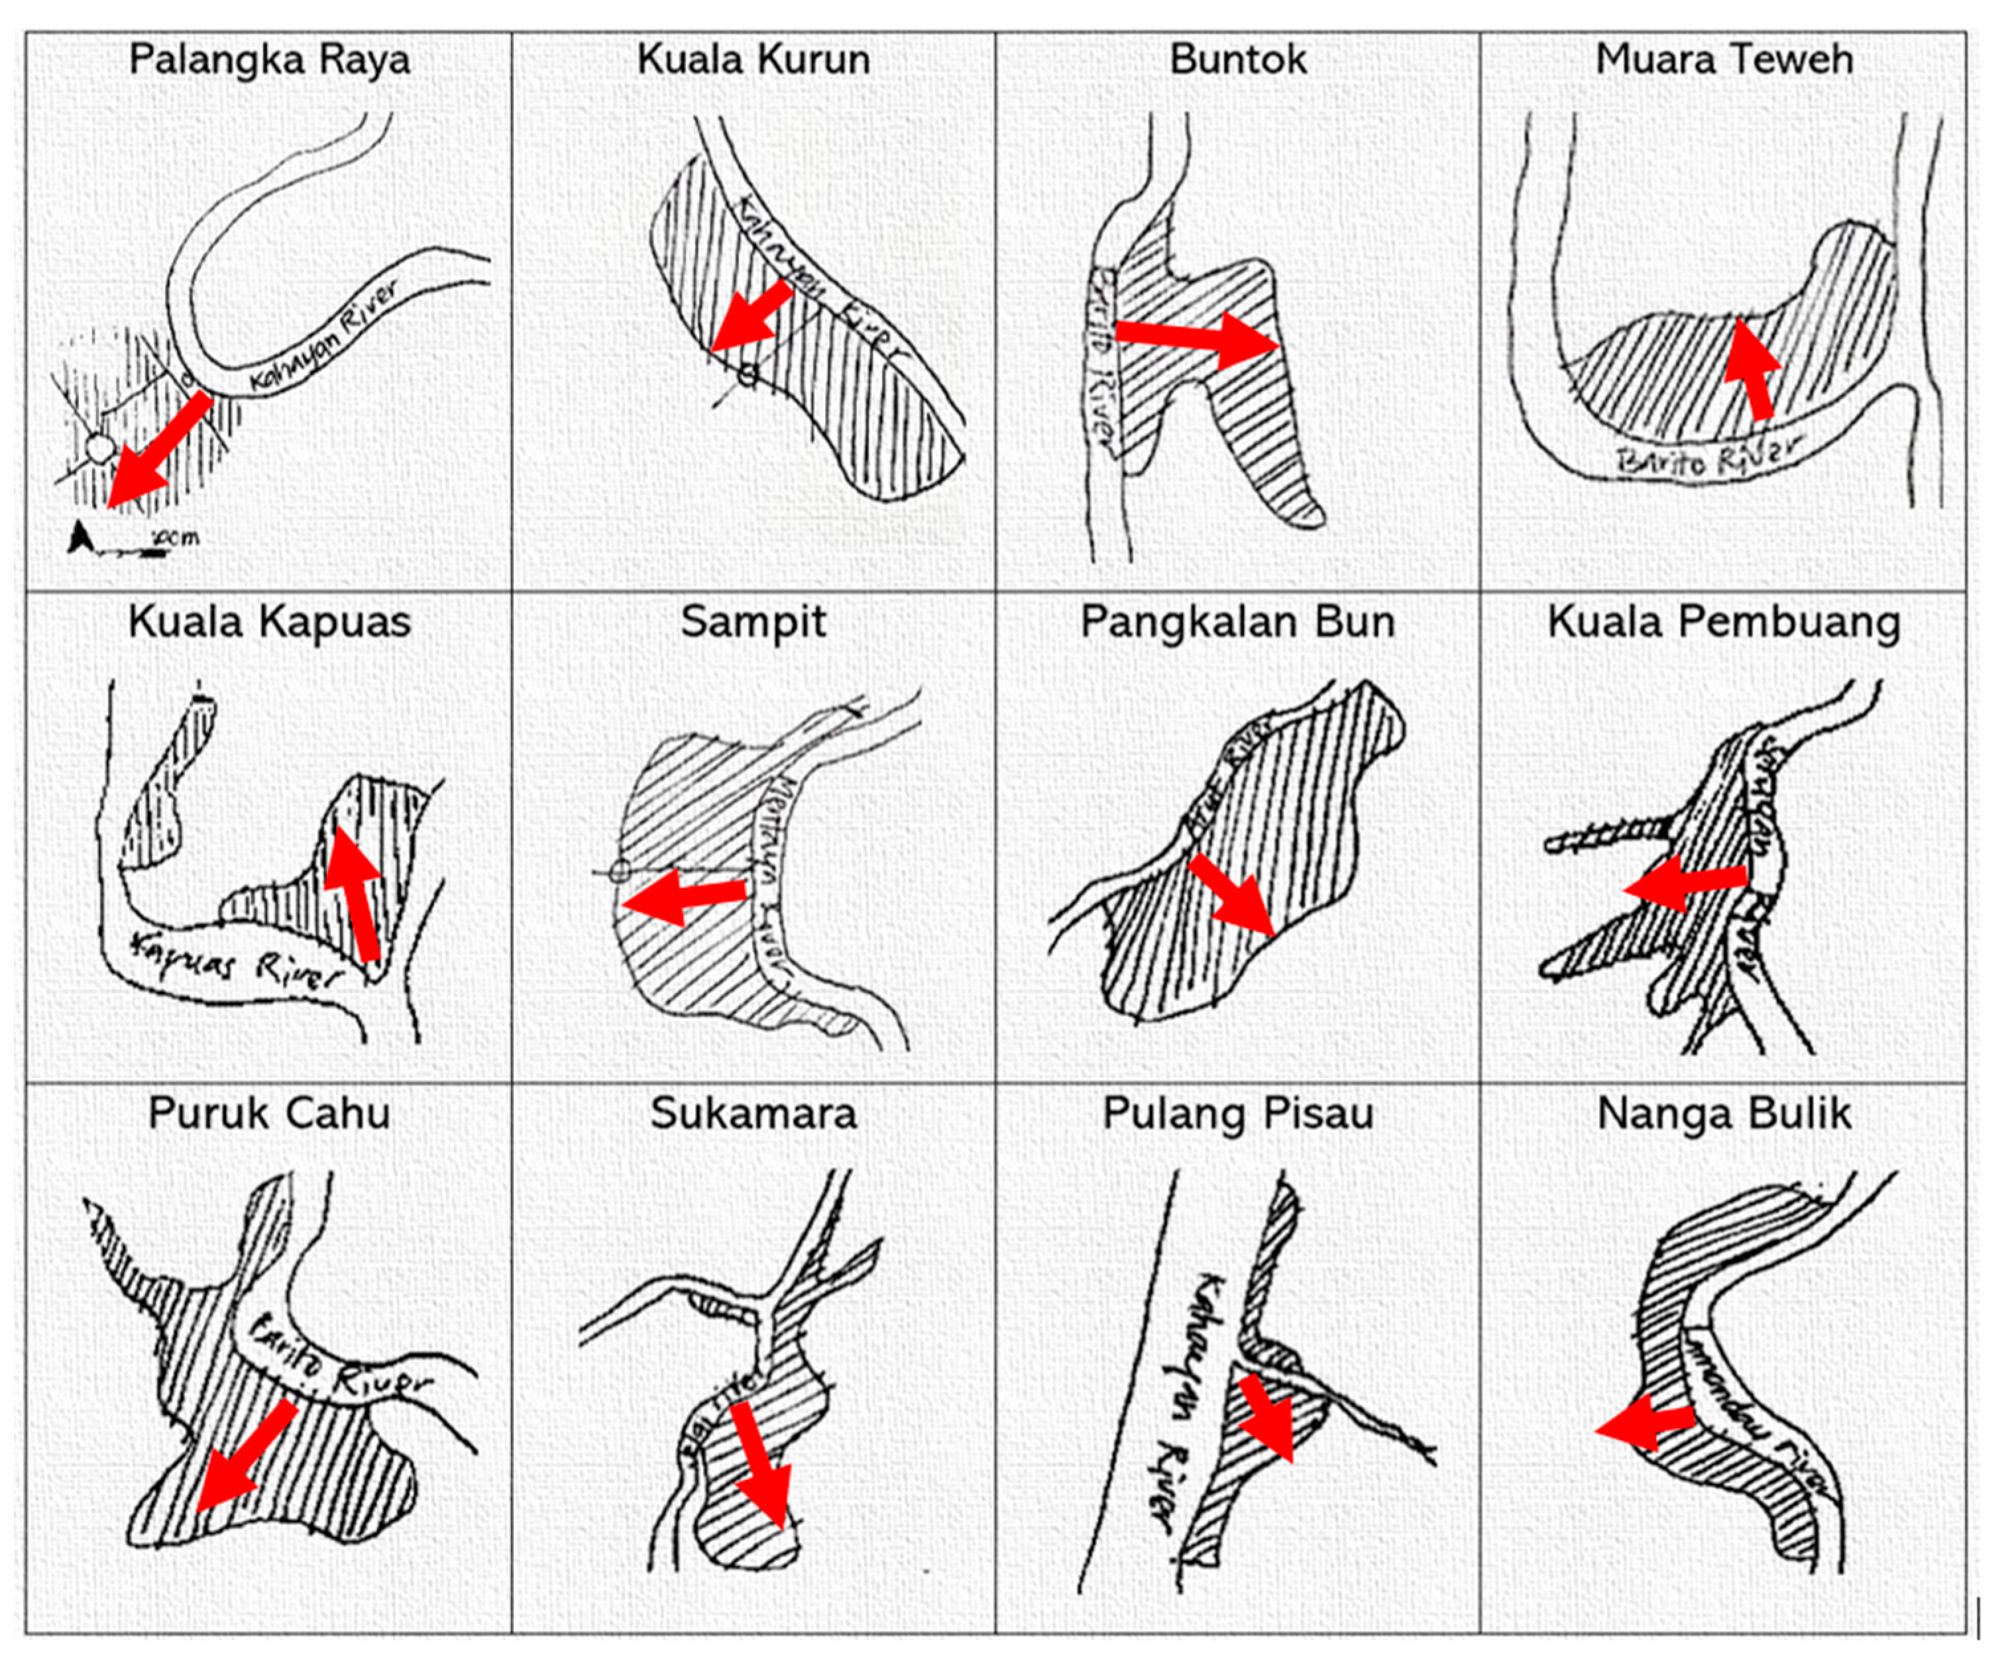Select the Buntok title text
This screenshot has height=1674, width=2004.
coord(1238,59)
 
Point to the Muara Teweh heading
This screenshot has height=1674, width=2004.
coord(1724,59)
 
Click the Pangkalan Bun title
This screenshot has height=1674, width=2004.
coord(1238,622)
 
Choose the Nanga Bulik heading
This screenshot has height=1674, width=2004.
coord(1724,1113)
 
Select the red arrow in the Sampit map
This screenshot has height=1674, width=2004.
coord(683,896)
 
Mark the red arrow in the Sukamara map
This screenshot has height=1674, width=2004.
coord(761,1469)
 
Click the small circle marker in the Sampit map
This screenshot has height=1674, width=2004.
coord(620,871)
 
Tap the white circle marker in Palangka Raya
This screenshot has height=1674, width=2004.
coord(98,447)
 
